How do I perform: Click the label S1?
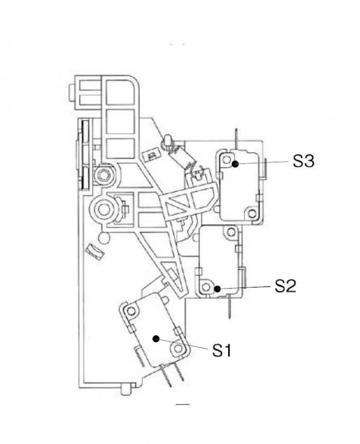tap(222, 350)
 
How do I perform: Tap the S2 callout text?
tap(285, 286)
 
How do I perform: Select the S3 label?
tap(303, 161)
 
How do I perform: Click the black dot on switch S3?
tap(235, 164)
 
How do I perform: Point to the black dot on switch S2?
tap(217, 289)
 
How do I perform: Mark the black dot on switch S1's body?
tap(156, 339)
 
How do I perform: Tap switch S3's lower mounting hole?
tap(252, 213)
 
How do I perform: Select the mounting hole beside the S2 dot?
tap(206, 287)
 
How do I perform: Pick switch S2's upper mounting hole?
tap(231, 232)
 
